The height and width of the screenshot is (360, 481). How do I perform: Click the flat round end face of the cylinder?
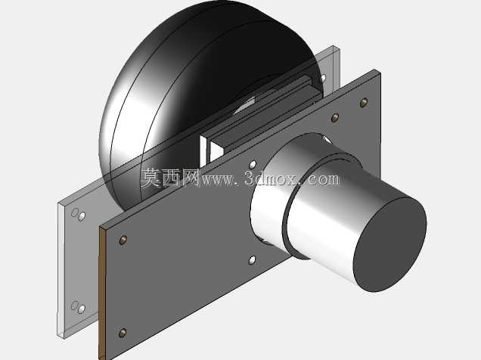[390, 245]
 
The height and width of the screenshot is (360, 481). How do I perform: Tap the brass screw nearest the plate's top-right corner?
[364, 102]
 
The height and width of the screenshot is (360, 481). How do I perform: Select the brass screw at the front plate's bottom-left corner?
[123, 333]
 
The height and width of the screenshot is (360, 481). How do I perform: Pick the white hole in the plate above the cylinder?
[253, 165]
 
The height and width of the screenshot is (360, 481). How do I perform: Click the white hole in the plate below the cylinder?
[252, 261]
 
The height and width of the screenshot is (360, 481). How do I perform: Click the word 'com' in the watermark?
[324, 179]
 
